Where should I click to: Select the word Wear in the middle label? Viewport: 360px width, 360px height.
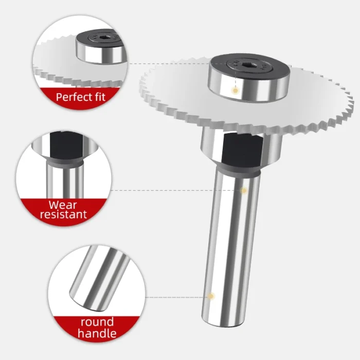pos(63,205)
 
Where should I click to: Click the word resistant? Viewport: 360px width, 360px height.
pos(63,214)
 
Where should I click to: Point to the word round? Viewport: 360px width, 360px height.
pos(97,322)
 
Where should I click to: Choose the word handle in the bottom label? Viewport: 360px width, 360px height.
pos(97,333)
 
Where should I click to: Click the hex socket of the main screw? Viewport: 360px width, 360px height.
pos(248,65)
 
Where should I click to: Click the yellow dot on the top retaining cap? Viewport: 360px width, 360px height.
pos(235,91)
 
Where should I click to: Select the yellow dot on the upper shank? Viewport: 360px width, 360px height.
pos(244,190)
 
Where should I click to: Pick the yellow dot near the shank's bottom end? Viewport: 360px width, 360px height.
pos(211,296)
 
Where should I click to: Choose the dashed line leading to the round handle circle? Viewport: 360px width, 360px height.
pos(176,297)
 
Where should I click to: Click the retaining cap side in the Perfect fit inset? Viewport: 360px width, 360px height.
pos(101,54)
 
